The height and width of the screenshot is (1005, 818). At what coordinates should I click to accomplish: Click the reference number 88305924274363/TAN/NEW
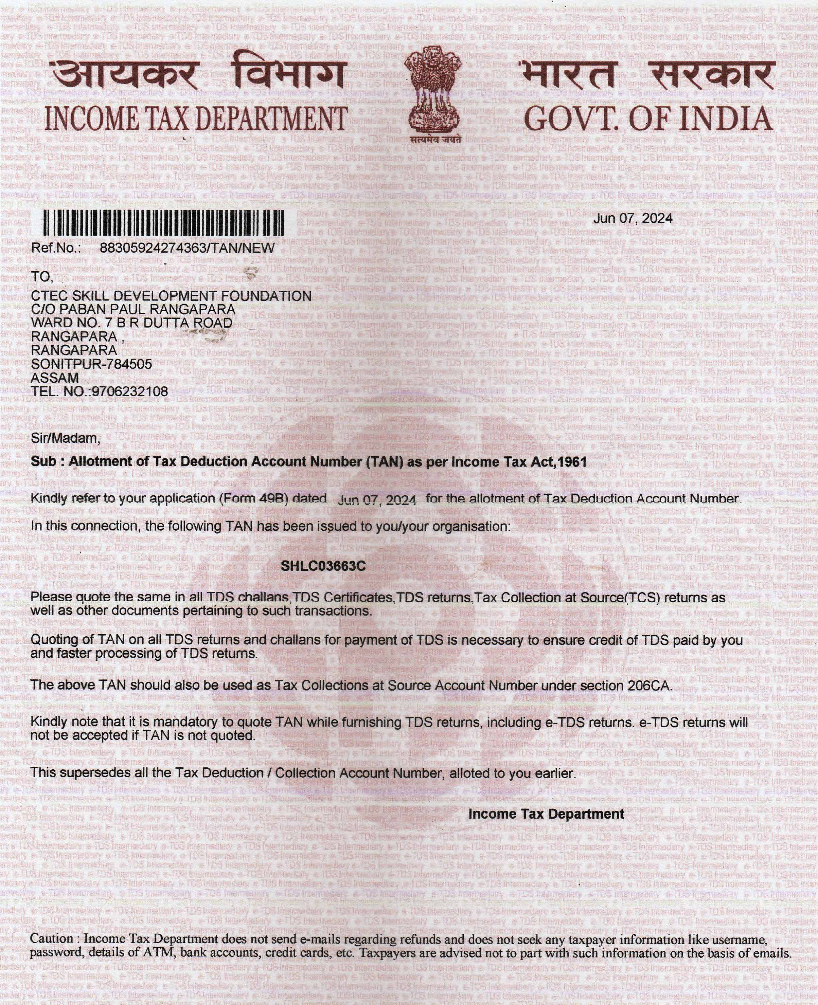187,248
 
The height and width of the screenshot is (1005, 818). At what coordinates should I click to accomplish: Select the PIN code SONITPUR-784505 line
91,364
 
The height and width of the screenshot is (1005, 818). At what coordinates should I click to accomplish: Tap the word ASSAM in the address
55,378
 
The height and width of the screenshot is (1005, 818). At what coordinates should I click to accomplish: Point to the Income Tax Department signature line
546,814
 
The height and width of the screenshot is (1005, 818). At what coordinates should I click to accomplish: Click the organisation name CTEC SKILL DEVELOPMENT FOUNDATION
171,296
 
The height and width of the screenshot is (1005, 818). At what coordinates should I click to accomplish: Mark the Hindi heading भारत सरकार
645,75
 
